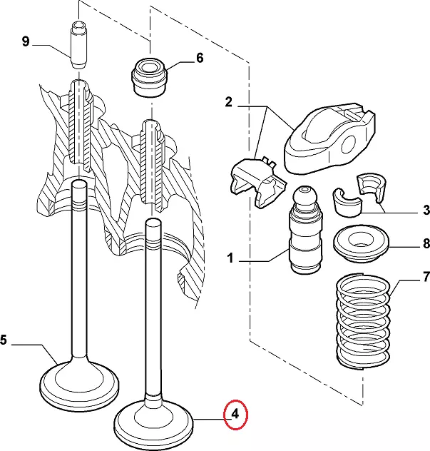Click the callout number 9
pyautogui.click(x=26, y=42)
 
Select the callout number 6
pyautogui.click(x=199, y=59)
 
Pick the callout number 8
pyautogui.click(x=426, y=244)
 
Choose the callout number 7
pyautogui.click(x=426, y=276)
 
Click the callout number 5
pyautogui.click(x=4, y=341)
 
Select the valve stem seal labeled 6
pyautogui.click(x=149, y=72)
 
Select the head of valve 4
pyautogui.click(x=154, y=425)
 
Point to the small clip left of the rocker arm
pyautogui.click(x=255, y=182)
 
